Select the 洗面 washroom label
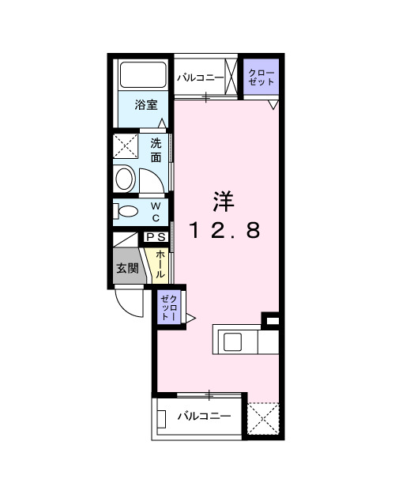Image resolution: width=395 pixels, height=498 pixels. (x=156, y=149)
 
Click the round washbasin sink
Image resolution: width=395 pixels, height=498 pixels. (x=126, y=178)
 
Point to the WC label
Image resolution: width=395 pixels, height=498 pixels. (x=156, y=212)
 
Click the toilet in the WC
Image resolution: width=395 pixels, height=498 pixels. (x=126, y=211)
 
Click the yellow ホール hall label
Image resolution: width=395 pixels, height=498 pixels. (x=160, y=264)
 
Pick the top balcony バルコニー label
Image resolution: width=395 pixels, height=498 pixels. (x=201, y=77)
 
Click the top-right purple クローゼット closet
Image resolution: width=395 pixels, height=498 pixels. (x=260, y=77)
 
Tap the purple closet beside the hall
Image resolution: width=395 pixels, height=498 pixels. (x=170, y=306)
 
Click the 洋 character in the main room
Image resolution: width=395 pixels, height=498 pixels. (x=223, y=202)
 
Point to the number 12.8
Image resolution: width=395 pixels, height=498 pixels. (x=223, y=230)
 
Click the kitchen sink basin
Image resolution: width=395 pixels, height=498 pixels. (x=235, y=341)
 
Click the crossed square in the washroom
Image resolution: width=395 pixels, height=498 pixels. (x=126, y=146)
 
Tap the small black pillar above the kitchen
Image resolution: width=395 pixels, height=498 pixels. (x=271, y=320)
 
